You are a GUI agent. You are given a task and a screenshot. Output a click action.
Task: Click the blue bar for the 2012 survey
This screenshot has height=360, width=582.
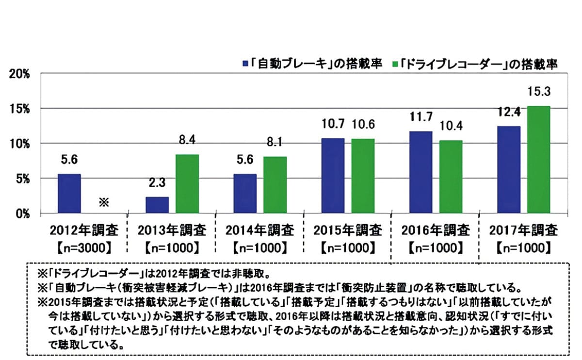[x=69, y=193]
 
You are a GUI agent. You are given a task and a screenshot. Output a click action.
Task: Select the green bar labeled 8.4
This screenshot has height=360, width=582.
[x=187, y=183]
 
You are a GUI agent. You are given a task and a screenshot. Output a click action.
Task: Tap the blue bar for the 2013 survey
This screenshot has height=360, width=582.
[x=157, y=205]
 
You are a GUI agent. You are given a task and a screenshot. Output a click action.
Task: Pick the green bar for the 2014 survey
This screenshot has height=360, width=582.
[x=275, y=184]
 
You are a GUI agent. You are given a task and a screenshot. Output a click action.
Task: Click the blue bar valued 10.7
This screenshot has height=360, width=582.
[x=333, y=176]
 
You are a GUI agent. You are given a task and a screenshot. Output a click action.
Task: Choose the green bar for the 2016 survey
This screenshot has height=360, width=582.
[x=450, y=177]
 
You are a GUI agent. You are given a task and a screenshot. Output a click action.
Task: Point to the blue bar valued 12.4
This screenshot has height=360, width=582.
[x=509, y=169]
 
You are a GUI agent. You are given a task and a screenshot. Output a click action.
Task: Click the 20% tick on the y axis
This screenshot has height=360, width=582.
[x=19, y=74]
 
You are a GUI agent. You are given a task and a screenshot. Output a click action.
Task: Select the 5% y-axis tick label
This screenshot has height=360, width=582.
[x=22, y=179]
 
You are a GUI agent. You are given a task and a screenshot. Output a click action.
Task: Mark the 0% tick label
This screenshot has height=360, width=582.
[x=22, y=213]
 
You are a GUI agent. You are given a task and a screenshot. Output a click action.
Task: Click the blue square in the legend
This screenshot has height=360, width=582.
[x=246, y=63]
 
